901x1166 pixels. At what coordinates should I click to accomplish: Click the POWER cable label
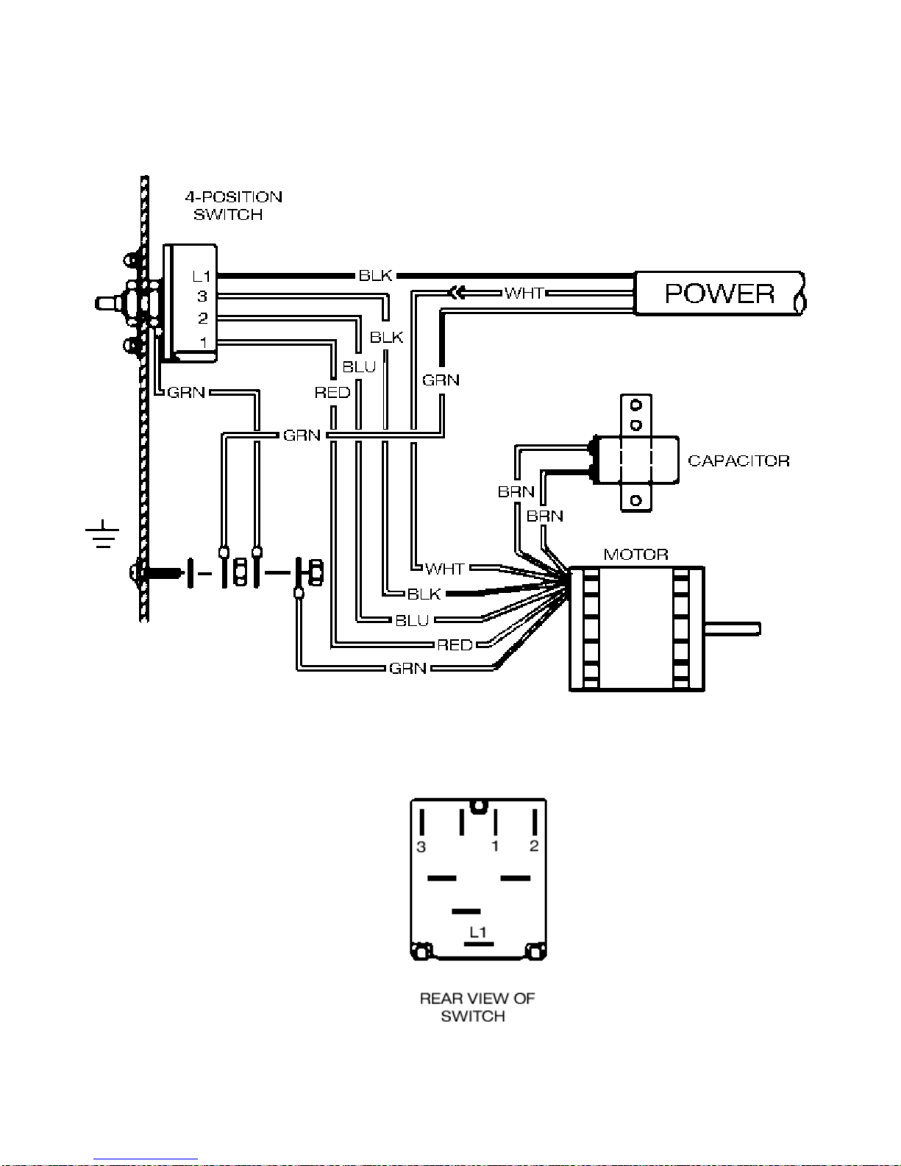coord(719,294)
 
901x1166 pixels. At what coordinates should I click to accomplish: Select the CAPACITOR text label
coord(738,461)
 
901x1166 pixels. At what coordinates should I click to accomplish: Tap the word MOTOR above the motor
coord(635,554)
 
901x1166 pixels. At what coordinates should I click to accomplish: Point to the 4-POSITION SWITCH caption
coord(232,206)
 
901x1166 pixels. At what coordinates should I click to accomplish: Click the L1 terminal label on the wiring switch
coord(202,277)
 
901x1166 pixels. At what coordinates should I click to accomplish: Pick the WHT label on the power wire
coord(524,293)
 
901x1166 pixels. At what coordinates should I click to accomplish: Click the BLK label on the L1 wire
coord(375,276)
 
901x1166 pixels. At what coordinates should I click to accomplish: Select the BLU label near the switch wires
coord(359,366)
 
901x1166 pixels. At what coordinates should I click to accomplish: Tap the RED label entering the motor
coord(455,645)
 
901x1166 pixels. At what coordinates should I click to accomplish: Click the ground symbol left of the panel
coord(102,535)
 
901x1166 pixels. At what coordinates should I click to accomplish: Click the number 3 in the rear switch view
coord(421,847)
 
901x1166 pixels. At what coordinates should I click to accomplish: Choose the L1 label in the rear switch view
coord(478,932)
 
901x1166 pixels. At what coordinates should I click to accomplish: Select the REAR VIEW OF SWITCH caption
coord(477,1007)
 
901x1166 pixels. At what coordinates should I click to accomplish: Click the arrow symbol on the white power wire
coord(457,293)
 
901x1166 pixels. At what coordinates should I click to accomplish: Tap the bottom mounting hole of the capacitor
coord(636,501)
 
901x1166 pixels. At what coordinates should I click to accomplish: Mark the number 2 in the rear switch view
coord(534,846)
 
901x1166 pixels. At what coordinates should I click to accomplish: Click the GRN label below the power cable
coord(441,380)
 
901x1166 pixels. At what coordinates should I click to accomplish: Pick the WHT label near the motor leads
coord(444,569)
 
